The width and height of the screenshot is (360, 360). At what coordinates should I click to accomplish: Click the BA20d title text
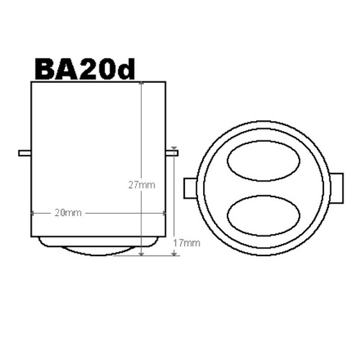pyautogui.click(x=85, y=69)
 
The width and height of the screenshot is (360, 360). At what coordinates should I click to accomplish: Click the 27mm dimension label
pyautogui.click(x=142, y=185)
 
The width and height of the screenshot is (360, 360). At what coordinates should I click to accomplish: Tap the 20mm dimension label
pyautogui.click(x=68, y=212)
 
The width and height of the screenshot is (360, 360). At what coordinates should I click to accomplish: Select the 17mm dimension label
pyautogui.click(x=186, y=243)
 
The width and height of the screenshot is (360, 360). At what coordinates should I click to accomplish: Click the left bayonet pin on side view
pyautogui.click(x=24, y=153)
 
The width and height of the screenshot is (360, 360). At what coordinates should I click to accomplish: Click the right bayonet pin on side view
pyautogui.click(x=172, y=153)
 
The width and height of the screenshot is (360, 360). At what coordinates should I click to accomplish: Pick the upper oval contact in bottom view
pyautogui.click(x=264, y=161)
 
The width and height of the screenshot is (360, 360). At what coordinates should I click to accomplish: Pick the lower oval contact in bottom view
pyautogui.click(x=264, y=216)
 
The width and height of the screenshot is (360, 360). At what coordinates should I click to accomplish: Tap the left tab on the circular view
pyautogui.click(x=191, y=188)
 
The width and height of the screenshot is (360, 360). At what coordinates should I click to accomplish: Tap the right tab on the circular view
pyautogui.click(x=337, y=188)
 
